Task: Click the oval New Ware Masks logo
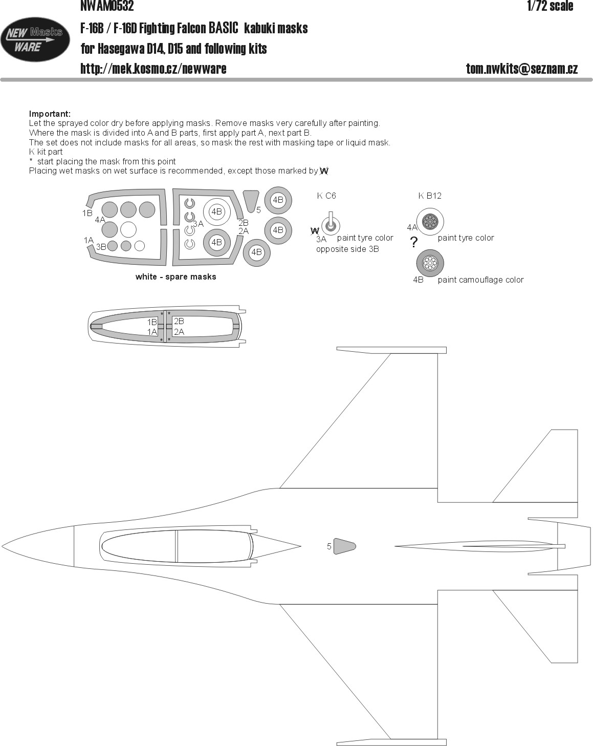pyautogui.click(x=35, y=39)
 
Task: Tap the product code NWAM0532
pyautogui.click(x=107, y=6)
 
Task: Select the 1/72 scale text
pyautogui.click(x=550, y=6)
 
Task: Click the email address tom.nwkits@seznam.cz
pyautogui.click(x=522, y=69)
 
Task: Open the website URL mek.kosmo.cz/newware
pyautogui.click(x=153, y=69)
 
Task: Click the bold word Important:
pyautogui.click(x=50, y=114)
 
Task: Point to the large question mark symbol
pyautogui.click(x=413, y=242)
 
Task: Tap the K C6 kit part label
pyautogui.click(x=326, y=196)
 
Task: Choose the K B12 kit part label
pyautogui.click(x=430, y=196)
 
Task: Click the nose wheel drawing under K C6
pyautogui.click(x=331, y=225)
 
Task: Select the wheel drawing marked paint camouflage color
pyautogui.click(x=430, y=263)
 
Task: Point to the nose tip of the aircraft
pyautogui.click(x=2, y=547)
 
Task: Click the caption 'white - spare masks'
pyautogui.click(x=175, y=276)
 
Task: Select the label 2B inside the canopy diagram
pyautogui.click(x=179, y=321)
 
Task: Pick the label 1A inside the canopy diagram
pyautogui.click(x=152, y=332)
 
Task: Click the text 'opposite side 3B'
pyautogui.click(x=347, y=249)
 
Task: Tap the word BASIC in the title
pyautogui.click(x=224, y=28)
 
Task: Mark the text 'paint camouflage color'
pyautogui.click(x=480, y=280)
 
